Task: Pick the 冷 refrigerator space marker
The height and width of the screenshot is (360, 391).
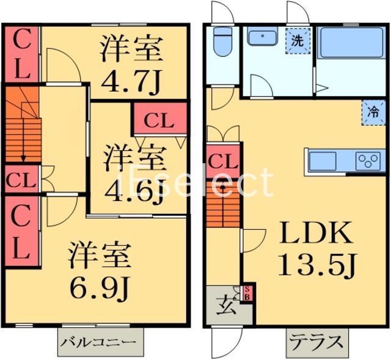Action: point(372,112)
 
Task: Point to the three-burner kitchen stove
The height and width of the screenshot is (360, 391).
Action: point(368,161)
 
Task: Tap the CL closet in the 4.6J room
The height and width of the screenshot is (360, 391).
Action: point(158,120)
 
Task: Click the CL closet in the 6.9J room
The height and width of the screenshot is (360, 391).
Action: point(21,230)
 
